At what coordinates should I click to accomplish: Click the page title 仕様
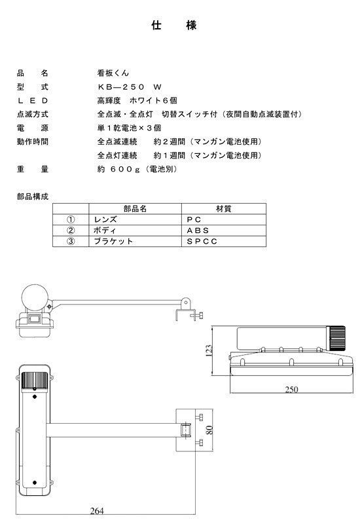click(174, 25)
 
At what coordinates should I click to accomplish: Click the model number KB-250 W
click(130, 87)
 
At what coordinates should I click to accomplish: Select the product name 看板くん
click(113, 73)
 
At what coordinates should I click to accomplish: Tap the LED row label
click(33, 101)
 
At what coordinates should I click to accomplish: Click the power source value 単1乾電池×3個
click(129, 128)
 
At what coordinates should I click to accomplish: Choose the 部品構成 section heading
click(33, 196)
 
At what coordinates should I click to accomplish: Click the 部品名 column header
click(135, 208)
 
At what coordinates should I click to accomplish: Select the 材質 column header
click(223, 208)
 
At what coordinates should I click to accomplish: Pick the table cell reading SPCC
click(202, 241)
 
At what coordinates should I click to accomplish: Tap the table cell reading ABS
click(198, 231)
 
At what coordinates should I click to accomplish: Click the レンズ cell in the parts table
click(105, 219)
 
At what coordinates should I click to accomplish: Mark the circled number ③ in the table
click(71, 241)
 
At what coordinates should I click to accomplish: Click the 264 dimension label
click(97, 511)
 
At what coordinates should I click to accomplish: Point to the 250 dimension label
click(291, 389)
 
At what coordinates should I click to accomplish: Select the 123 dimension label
click(209, 351)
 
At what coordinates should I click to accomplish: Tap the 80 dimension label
click(209, 430)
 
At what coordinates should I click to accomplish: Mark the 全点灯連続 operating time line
click(179, 155)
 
